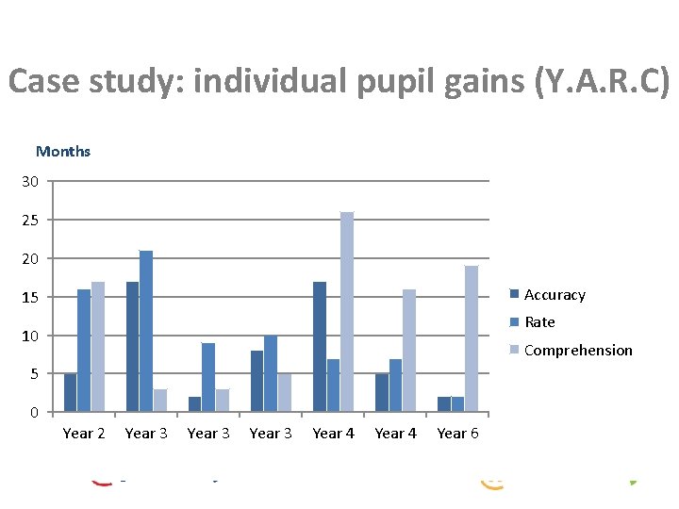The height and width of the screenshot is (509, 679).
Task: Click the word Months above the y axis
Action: tap(63, 151)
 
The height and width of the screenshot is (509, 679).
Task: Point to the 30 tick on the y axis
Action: tap(31, 181)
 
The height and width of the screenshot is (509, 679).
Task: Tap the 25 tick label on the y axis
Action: tap(31, 220)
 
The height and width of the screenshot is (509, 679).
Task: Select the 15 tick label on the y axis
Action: tap(31, 297)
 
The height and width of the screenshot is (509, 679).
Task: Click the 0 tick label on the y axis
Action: tap(35, 413)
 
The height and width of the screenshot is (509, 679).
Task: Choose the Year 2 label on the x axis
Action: tap(83, 434)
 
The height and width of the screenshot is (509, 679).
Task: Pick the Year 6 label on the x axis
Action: tap(457, 434)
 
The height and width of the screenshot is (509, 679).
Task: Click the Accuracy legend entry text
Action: tap(555, 295)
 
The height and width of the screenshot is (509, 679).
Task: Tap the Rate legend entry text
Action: tap(539, 322)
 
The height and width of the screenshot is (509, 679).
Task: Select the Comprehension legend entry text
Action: tap(578, 351)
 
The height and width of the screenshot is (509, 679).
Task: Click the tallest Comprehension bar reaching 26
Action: tap(347, 312)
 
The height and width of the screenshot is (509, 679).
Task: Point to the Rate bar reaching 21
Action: tap(146, 331)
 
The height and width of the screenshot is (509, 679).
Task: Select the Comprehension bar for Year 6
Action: tap(472, 338)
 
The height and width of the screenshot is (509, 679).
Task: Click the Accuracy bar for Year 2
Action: tap(70, 393)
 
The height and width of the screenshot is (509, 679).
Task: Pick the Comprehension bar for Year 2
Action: tap(97, 347)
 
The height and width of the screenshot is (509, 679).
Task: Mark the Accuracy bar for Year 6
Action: tap(443, 404)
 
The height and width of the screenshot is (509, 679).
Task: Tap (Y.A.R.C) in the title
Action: tap(602, 83)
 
